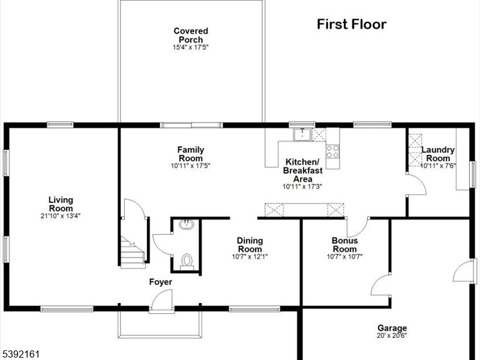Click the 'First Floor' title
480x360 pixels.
(x=352, y=24)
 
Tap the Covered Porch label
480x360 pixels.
(x=191, y=35)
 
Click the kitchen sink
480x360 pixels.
(x=302, y=134)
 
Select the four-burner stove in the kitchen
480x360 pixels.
(x=333, y=151)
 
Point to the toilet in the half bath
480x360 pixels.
(x=187, y=262)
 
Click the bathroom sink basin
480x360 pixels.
(x=187, y=224)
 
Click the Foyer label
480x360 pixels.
(x=160, y=282)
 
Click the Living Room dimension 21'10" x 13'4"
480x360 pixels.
(x=61, y=216)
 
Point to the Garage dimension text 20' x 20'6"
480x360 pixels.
(x=392, y=335)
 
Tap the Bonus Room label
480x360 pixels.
(x=344, y=245)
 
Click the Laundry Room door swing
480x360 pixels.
(x=416, y=184)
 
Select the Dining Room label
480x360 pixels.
(x=250, y=245)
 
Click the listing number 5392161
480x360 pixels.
(x=20, y=354)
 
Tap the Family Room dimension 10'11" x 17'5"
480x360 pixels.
(x=190, y=166)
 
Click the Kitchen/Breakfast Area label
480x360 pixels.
(x=303, y=170)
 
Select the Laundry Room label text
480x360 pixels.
(x=438, y=154)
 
